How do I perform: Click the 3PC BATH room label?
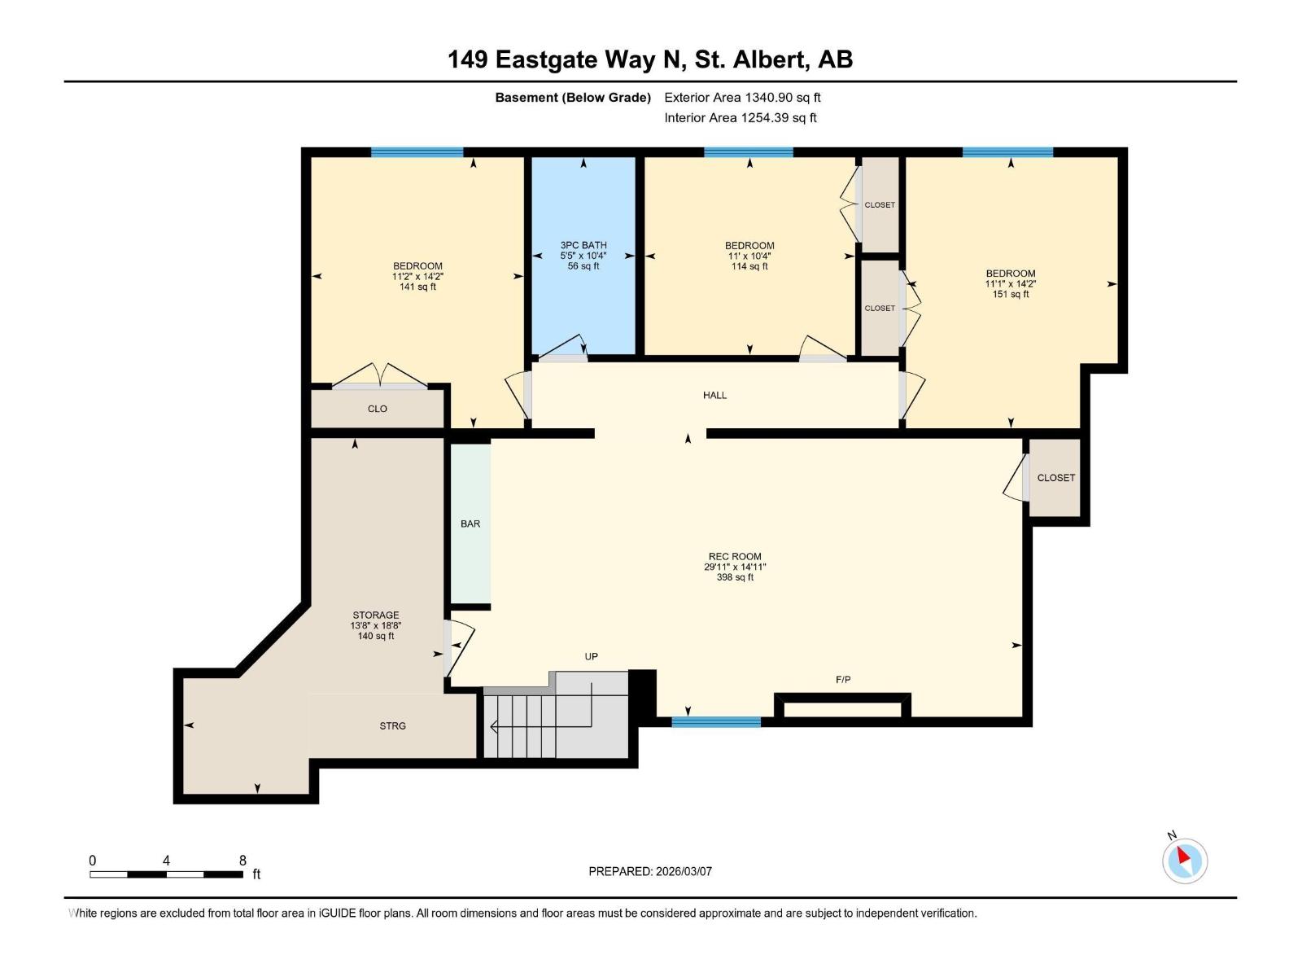click(583, 255)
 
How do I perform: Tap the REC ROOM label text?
click(735, 566)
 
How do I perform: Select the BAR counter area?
click(470, 524)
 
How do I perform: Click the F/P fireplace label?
click(843, 679)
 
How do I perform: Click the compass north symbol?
click(1184, 860)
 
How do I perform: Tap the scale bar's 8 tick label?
click(242, 860)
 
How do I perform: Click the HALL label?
click(714, 395)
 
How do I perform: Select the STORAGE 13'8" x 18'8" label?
click(376, 625)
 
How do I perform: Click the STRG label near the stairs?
click(392, 725)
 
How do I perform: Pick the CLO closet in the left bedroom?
click(378, 409)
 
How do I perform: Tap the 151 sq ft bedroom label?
click(1011, 283)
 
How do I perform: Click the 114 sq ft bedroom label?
click(749, 255)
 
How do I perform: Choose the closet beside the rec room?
click(1055, 478)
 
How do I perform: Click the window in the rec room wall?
click(716, 721)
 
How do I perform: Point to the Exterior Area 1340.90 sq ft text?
click(742, 97)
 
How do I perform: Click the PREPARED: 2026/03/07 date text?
click(650, 871)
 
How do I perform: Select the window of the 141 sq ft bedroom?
click(417, 152)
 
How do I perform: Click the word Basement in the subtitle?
click(526, 97)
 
